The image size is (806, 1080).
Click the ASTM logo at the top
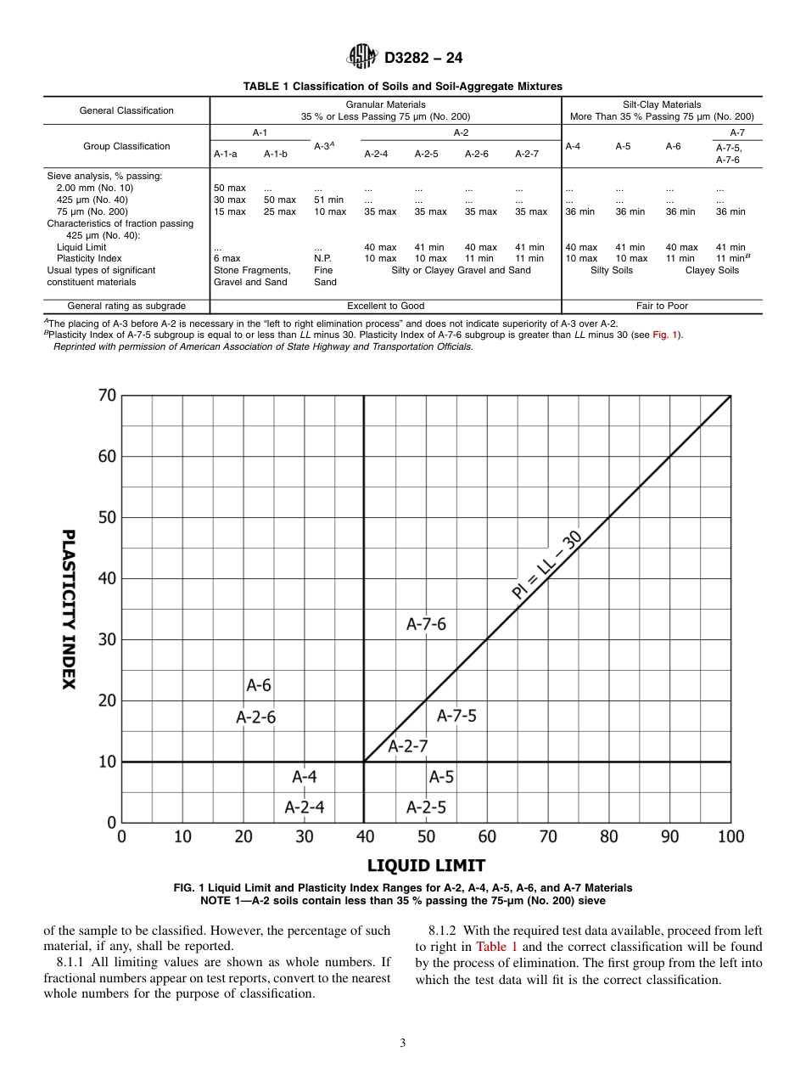[362, 58]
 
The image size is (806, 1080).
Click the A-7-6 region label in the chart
[426, 624]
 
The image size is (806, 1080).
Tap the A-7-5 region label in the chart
[456, 716]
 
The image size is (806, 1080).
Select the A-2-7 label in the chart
[408, 746]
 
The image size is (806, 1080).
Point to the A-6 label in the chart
[259, 684]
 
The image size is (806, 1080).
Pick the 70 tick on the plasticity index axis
[107, 396]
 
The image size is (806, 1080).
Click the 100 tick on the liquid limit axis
[730, 837]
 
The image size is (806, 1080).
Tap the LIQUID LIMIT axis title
[426, 865]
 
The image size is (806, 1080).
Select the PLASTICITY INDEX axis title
[69, 610]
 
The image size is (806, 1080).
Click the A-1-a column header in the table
[226, 154]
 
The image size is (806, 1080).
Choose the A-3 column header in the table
[323, 146]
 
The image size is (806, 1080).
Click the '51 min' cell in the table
[328, 200]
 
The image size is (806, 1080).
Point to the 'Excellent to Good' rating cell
[385, 306]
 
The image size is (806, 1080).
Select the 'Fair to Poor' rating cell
[662, 306]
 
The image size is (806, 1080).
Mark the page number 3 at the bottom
[403, 1043]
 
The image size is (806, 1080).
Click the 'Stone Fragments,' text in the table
[252, 270]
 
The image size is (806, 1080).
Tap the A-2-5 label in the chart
[426, 807]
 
